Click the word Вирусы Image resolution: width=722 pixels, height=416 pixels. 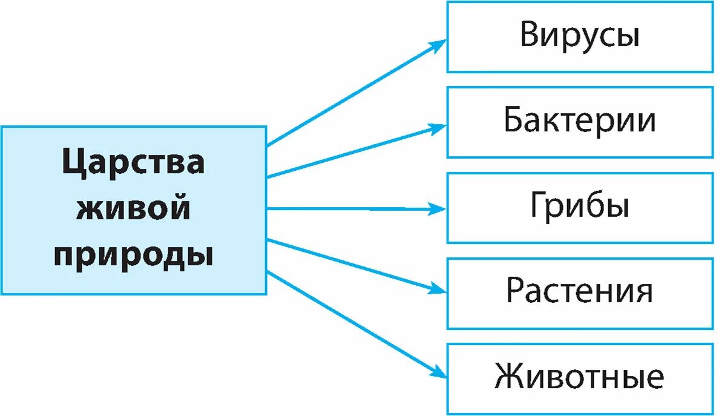(579, 36)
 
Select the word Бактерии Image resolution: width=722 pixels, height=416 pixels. (579, 122)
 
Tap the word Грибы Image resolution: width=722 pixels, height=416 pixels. (579, 207)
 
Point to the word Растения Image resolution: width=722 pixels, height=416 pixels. (579, 292)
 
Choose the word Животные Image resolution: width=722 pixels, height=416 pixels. (579, 378)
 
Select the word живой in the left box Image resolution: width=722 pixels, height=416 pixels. (133, 209)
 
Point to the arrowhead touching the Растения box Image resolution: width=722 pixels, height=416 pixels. (437, 289)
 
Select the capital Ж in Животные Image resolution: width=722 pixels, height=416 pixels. (508, 378)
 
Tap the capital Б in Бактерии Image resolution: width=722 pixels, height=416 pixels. (513, 122)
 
